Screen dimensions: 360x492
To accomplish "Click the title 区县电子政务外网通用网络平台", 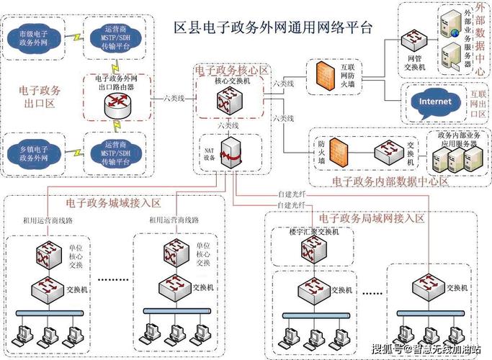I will click(x=274, y=28).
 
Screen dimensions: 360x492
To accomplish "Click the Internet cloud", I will click(x=435, y=102).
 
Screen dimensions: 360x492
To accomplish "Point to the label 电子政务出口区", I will click(x=40, y=97).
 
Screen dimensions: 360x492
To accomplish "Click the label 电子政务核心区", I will click(x=232, y=70).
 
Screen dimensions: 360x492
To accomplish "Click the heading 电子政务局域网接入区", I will click(x=372, y=217).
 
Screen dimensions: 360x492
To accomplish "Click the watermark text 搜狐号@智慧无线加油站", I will click(x=425, y=349).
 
